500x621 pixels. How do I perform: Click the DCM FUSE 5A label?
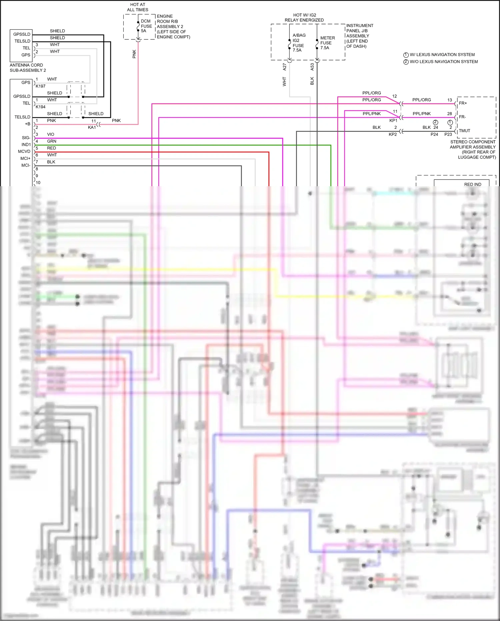tap(146, 26)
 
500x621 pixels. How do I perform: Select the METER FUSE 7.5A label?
tap(327, 43)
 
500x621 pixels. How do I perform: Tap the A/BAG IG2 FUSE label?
tap(299, 43)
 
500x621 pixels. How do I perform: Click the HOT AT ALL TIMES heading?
tap(138, 7)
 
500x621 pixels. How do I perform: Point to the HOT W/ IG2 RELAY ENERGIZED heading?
tap(304, 18)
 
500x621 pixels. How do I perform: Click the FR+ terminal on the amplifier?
tap(463, 103)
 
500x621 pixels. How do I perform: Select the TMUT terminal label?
tap(464, 131)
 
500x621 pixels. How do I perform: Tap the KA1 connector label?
tap(92, 127)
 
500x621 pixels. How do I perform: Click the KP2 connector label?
tap(393, 134)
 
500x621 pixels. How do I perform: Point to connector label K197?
tap(41, 86)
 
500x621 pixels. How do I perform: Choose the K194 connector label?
tap(41, 107)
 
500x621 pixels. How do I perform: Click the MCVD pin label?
tap(24, 151)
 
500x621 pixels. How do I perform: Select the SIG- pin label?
tap(26, 138)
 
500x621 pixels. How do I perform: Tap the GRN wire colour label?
tap(52, 141)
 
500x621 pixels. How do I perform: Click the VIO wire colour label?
tap(51, 134)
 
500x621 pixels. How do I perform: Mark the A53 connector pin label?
tap(312, 67)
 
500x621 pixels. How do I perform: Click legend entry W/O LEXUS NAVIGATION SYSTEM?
tap(443, 62)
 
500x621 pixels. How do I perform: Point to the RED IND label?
tap(472, 184)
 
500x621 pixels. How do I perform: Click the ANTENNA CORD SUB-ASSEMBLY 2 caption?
tap(28, 68)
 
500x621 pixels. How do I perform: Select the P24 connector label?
tap(434, 134)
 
